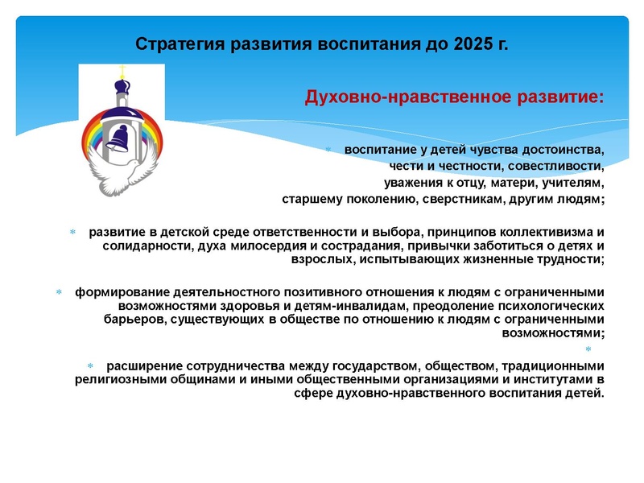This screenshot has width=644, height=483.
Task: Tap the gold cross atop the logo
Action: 123,70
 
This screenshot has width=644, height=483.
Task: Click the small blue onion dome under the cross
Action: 123,86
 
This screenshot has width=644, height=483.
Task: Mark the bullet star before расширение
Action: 91,365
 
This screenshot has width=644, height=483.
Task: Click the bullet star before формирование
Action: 59,292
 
